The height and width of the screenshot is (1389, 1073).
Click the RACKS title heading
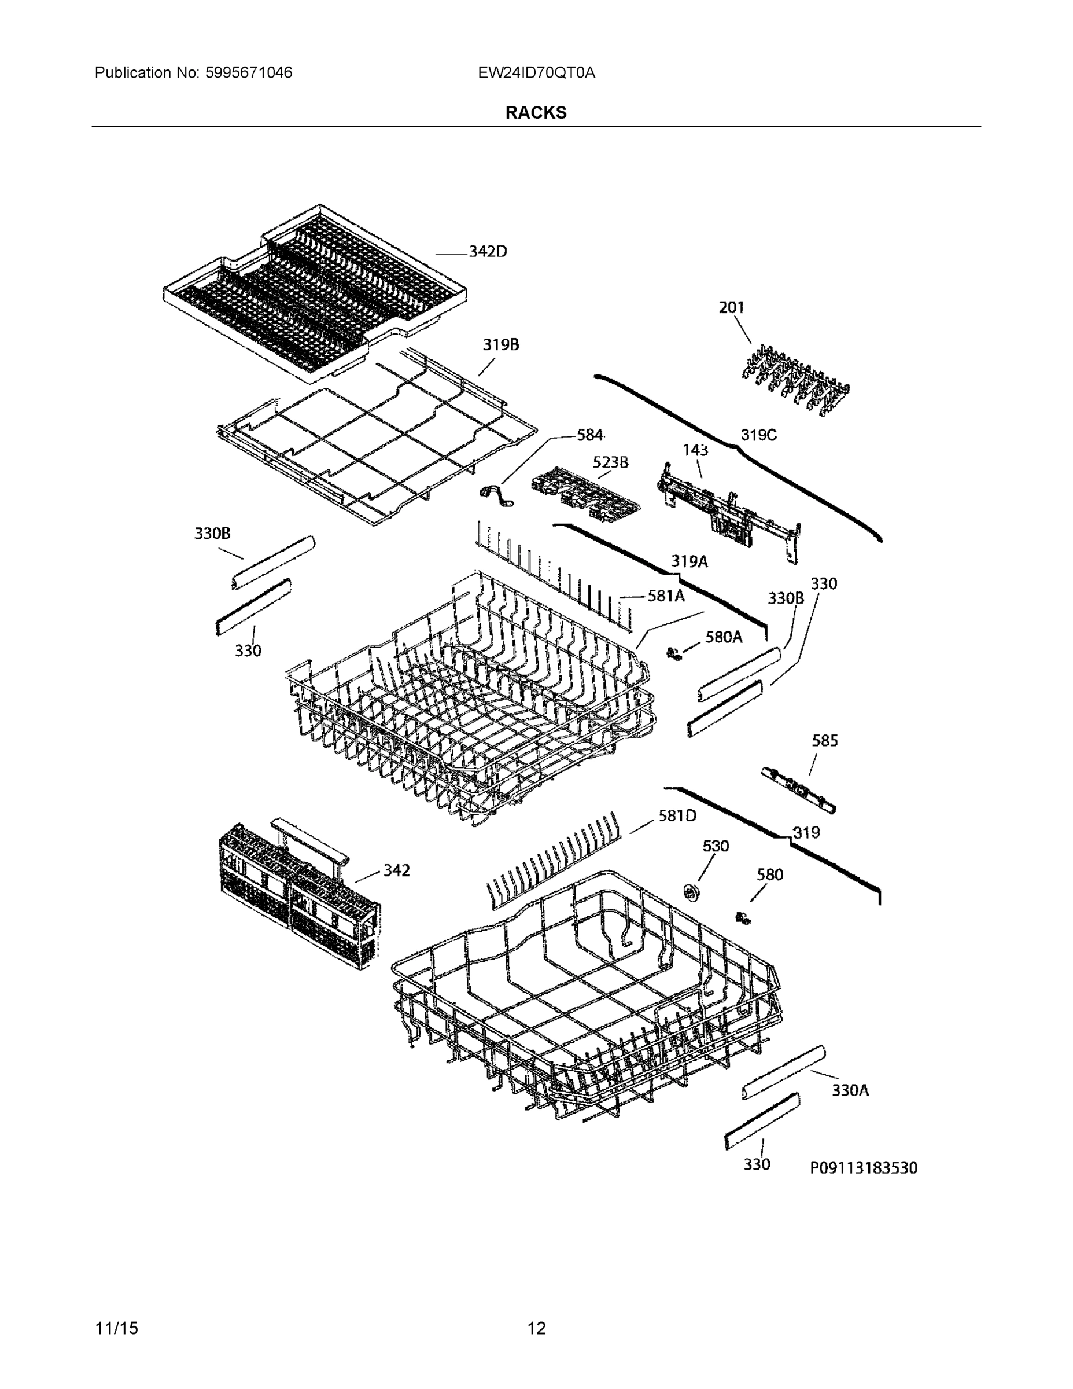pyautogui.click(x=536, y=113)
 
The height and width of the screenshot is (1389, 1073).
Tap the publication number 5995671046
pyautogui.click(x=249, y=73)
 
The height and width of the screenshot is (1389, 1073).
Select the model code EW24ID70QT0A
pyautogui.click(x=537, y=73)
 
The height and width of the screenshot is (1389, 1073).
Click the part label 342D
pyautogui.click(x=488, y=252)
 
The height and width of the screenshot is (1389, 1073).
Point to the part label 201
pyautogui.click(x=731, y=308)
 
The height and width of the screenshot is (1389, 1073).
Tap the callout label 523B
pyautogui.click(x=610, y=462)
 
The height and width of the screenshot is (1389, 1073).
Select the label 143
pyautogui.click(x=695, y=450)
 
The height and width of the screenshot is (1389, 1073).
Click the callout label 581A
pyautogui.click(x=666, y=596)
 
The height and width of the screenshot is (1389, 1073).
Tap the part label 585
pyautogui.click(x=824, y=740)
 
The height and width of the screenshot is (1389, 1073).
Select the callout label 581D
pyautogui.click(x=677, y=815)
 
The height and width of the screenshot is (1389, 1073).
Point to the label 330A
pyautogui.click(x=850, y=1090)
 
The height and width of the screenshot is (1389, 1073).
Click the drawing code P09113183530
pyautogui.click(x=863, y=1168)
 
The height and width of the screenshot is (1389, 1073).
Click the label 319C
pyautogui.click(x=758, y=436)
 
